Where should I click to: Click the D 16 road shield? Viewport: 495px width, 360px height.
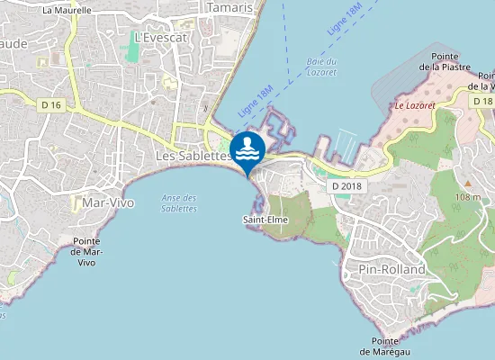(x=52, y=105)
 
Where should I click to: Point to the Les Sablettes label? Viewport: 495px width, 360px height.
(x=193, y=156)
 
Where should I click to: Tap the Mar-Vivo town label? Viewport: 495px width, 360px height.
(x=108, y=202)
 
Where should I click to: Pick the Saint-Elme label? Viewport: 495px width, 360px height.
(x=265, y=219)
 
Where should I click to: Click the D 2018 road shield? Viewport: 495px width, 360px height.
(x=346, y=185)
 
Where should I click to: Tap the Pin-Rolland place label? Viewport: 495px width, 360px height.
(x=391, y=269)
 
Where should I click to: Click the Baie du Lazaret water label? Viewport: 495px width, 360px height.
(x=320, y=66)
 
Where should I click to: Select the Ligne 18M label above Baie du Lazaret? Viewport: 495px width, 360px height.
(x=345, y=19)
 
